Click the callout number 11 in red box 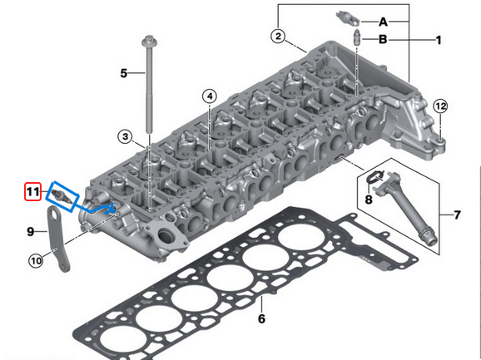[32, 192]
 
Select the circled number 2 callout [278, 36]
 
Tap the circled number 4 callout [208, 97]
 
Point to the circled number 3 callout [125, 136]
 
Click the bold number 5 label [124, 73]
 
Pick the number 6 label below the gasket [260, 318]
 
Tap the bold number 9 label [30, 230]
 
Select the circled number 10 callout [35, 261]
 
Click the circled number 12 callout [440, 106]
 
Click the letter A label [384, 20]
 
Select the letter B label [384, 39]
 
